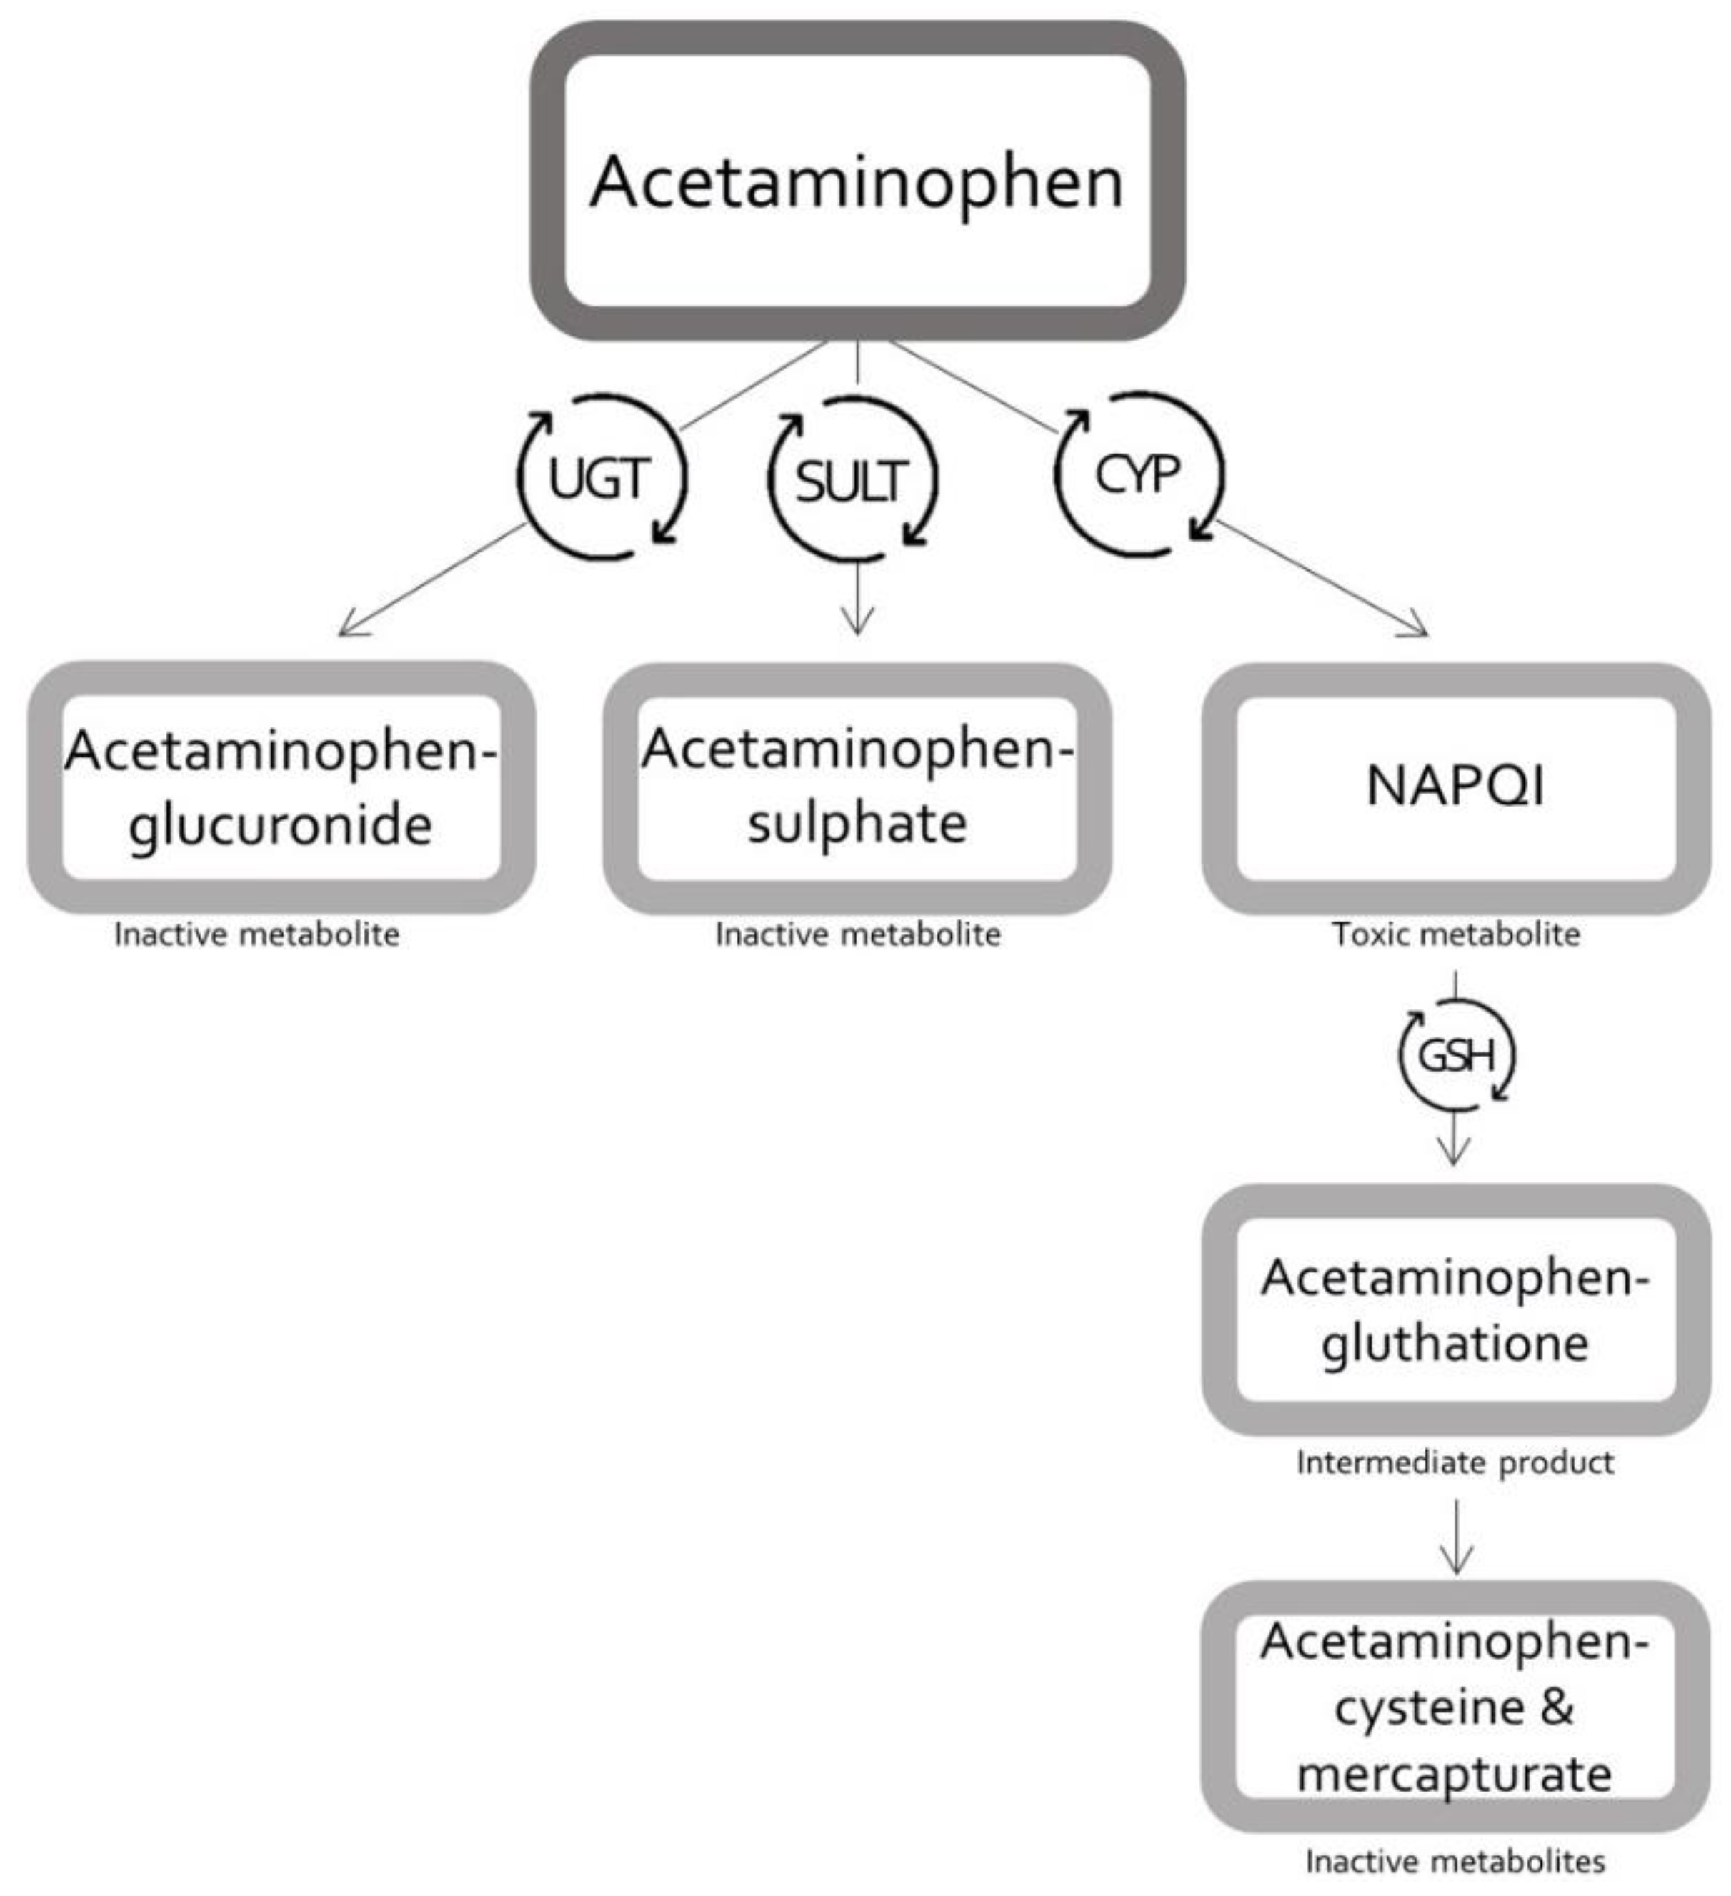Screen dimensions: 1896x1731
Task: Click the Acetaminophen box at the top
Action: point(857,181)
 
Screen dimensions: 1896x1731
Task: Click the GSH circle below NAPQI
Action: point(1455,1055)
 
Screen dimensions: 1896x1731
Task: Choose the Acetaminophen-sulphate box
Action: point(857,787)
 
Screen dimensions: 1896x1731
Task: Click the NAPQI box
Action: point(1455,787)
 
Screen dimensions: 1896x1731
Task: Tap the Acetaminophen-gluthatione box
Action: point(1455,1309)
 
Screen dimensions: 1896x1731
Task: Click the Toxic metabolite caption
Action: point(1455,934)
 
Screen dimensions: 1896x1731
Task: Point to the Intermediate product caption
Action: point(1455,1462)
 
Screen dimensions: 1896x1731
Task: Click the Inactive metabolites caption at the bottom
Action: point(1455,1861)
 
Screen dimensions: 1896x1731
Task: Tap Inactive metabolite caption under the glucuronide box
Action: point(256,934)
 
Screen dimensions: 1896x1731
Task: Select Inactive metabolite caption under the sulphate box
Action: point(857,934)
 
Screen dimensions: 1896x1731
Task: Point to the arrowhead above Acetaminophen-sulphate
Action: point(857,625)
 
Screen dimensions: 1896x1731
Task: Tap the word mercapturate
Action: point(1455,1775)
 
